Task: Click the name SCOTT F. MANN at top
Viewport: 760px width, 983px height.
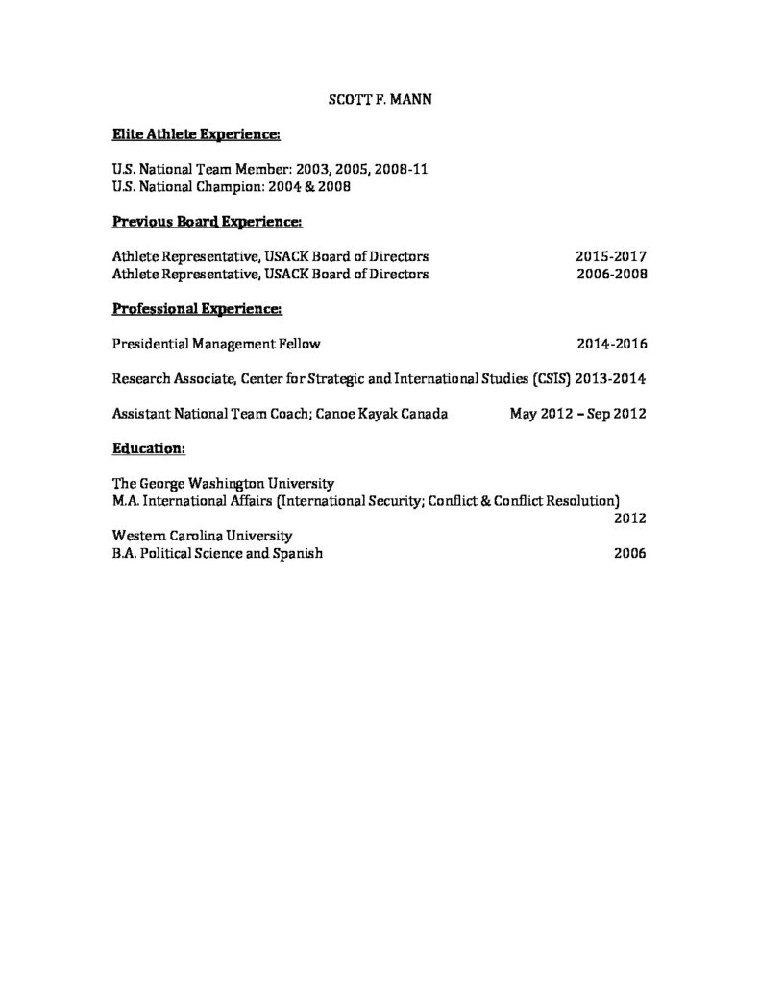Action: (x=380, y=98)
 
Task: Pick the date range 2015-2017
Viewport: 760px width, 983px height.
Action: (x=611, y=257)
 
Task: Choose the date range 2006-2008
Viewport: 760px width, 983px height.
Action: (x=611, y=274)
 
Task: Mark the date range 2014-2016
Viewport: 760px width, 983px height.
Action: (x=611, y=343)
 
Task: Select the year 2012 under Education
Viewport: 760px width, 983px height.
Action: (x=629, y=518)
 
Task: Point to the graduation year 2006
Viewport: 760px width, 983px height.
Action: (x=629, y=553)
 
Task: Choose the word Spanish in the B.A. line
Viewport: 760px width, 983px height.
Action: (x=297, y=553)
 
